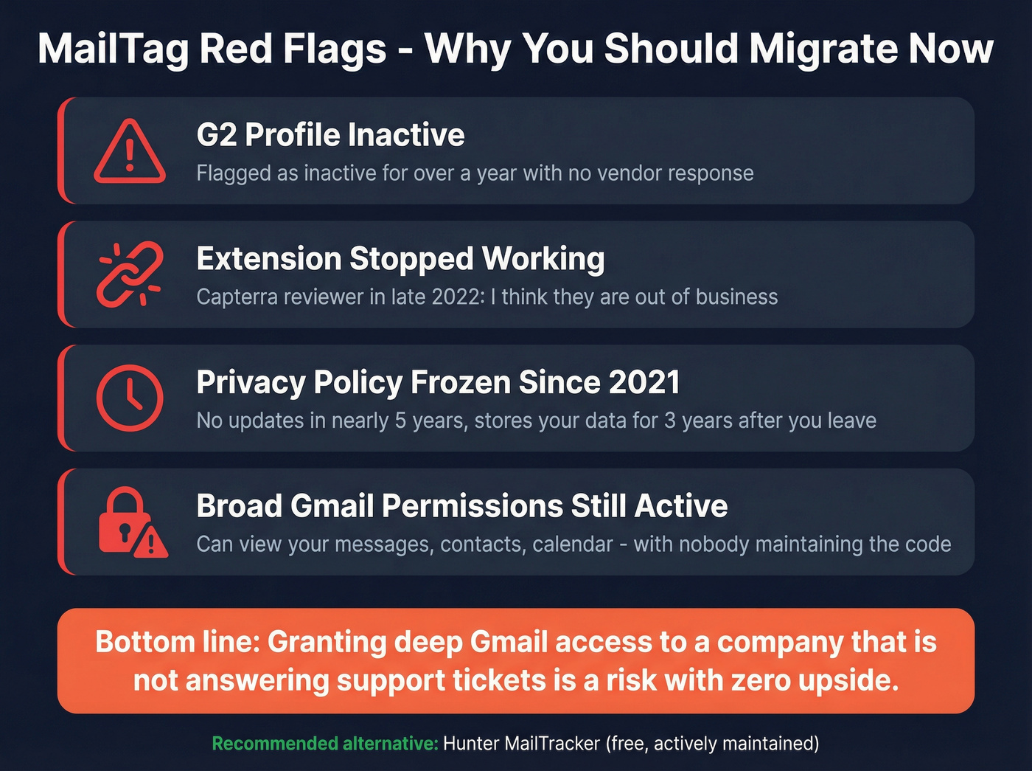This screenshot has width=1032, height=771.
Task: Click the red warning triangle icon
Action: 130,151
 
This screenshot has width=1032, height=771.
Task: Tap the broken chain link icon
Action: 130,274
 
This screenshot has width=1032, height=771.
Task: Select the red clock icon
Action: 130,398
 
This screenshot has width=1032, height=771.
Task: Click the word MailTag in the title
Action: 113,49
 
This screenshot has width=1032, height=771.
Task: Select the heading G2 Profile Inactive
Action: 330,135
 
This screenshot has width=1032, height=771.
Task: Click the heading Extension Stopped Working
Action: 400,259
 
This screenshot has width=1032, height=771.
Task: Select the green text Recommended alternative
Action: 325,743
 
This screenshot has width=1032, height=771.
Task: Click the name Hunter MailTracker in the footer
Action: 521,743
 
